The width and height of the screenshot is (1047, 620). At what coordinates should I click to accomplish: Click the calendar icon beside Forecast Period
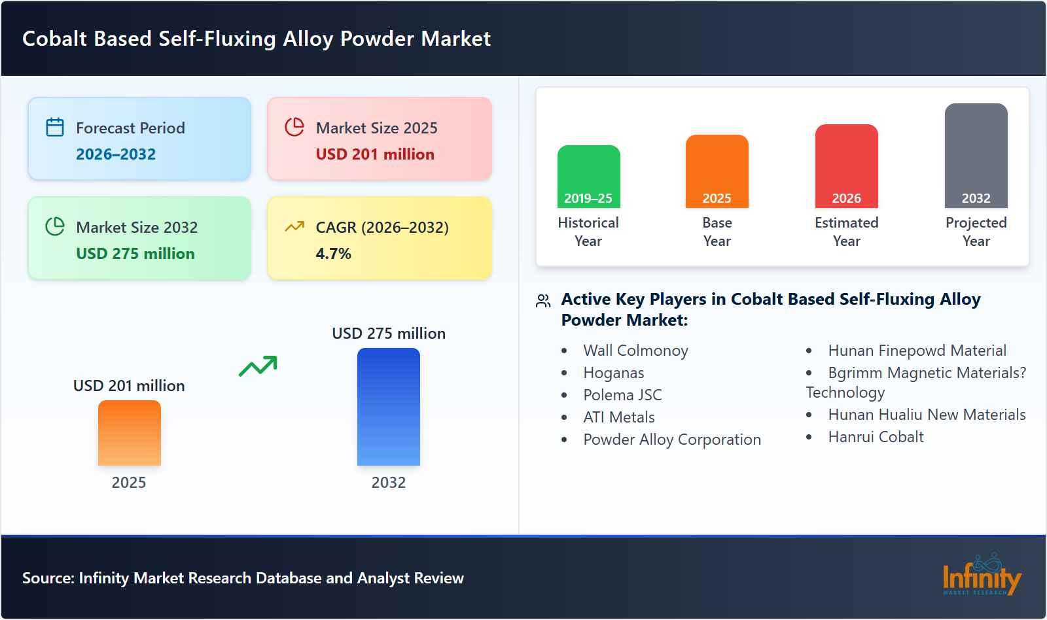click(x=55, y=127)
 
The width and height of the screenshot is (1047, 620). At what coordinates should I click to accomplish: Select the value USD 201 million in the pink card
click(x=375, y=154)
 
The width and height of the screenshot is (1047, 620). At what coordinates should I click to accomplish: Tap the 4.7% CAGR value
click(x=333, y=254)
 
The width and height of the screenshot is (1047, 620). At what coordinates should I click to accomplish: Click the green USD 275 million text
click(x=135, y=254)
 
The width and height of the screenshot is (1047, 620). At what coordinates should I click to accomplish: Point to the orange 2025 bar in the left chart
click(x=129, y=433)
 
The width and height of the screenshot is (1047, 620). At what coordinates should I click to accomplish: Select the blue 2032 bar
click(x=388, y=407)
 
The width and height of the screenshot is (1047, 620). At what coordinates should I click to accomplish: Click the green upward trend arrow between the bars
click(x=258, y=366)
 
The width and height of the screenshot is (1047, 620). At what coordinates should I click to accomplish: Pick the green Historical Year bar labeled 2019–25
click(x=588, y=177)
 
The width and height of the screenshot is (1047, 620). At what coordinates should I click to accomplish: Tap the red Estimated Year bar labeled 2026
click(x=846, y=166)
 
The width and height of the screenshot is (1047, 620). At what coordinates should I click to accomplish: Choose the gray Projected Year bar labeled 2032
click(x=976, y=156)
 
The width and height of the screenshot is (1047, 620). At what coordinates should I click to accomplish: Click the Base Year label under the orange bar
click(x=717, y=232)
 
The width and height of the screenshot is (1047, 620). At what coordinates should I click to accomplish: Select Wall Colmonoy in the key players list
click(x=635, y=351)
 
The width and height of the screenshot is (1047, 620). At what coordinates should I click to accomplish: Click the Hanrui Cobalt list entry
click(x=876, y=437)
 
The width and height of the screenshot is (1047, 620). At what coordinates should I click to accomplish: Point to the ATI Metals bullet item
click(x=618, y=417)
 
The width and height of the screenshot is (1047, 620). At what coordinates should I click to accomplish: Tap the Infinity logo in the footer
click(x=981, y=576)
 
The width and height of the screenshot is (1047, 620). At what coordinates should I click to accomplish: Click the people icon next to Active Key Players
click(x=543, y=301)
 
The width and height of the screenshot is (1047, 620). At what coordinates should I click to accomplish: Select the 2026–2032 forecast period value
click(x=116, y=154)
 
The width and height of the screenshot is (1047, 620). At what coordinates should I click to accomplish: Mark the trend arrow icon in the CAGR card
click(x=294, y=227)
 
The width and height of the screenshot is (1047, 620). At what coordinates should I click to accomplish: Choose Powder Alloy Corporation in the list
click(x=671, y=439)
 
